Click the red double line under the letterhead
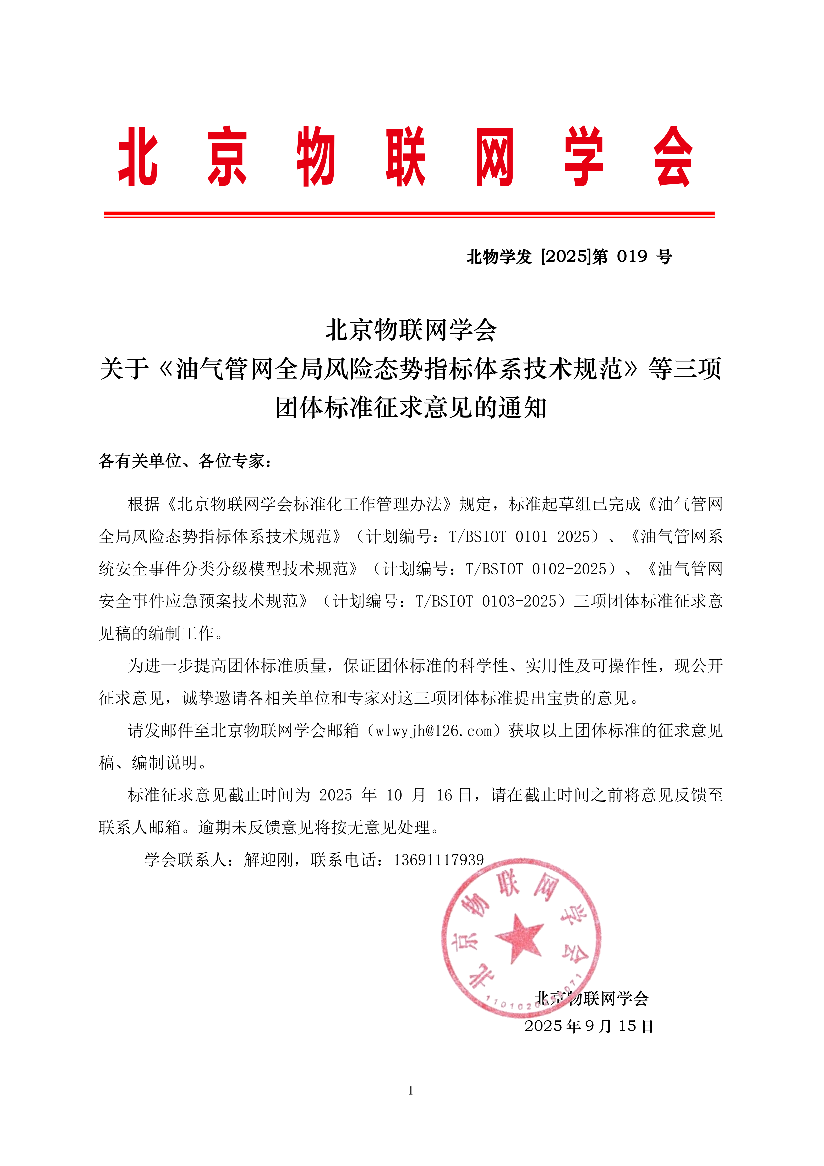click(409, 215)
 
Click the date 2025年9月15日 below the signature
click(589, 1026)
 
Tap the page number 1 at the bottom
click(410, 1090)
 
